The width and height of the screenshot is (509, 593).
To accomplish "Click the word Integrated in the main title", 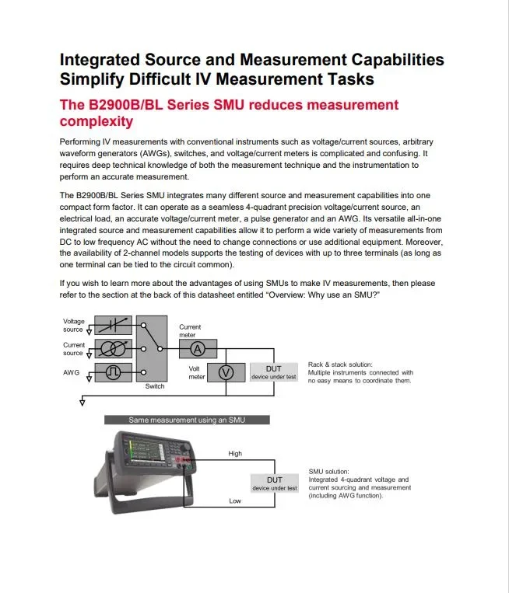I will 100,60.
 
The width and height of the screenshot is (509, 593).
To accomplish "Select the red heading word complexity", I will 97,121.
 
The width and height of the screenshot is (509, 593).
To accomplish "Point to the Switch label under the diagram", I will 155,386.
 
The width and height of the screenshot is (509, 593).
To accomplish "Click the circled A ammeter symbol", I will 198,348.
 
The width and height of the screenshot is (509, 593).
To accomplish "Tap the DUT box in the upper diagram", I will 273,372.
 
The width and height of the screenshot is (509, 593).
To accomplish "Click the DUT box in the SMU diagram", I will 273,483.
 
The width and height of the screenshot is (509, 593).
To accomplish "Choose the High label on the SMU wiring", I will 235,453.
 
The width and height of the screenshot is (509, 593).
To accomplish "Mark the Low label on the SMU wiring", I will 235,501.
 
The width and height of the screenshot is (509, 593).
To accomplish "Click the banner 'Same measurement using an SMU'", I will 187,420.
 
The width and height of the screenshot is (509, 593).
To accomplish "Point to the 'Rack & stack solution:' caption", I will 340,364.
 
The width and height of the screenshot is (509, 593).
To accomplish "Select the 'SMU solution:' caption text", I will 328,471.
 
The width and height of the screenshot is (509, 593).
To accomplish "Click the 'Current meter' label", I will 190,331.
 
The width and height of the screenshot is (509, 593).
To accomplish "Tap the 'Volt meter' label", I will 197,372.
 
